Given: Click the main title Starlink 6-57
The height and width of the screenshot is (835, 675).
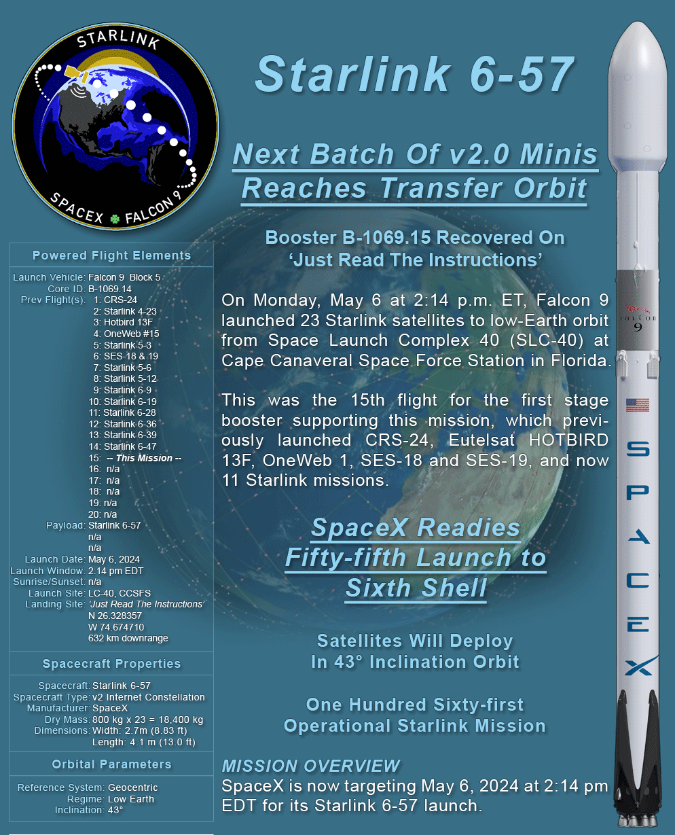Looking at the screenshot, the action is pyautogui.click(x=415, y=75).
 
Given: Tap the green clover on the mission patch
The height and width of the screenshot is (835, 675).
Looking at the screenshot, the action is pyautogui.click(x=115, y=219).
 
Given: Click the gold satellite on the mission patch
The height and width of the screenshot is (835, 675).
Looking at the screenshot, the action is pyautogui.click(x=76, y=73).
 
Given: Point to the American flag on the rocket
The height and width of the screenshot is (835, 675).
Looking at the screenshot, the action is pyautogui.click(x=638, y=405).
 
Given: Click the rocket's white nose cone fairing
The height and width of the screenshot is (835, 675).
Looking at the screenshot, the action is pyautogui.click(x=638, y=98).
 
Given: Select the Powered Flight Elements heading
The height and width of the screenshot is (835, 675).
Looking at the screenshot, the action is pyautogui.click(x=111, y=255).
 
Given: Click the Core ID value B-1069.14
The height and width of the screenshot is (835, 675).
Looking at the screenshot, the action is pyautogui.click(x=110, y=289).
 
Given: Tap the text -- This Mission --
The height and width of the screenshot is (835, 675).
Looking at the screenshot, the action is pyautogui.click(x=144, y=458).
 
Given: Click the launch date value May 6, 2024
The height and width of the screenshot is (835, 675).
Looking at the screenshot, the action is pyautogui.click(x=114, y=559).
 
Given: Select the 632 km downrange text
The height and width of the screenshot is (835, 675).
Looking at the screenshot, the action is pyautogui.click(x=128, y=638).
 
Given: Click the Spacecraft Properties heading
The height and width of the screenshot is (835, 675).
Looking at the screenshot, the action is pyautogui.click(x=111, y=664).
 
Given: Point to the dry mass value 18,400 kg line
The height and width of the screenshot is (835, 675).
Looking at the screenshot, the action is pyautogui.click(x=147, y=719).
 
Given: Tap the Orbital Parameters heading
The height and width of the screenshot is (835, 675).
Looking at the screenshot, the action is pyautogui.click(x=111, y=764).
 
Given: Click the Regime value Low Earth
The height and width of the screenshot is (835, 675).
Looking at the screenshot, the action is pyautogui.click(x=131, y=799).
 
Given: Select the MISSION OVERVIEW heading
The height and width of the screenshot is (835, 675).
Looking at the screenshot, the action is pyautogui.click(x=310, y=766).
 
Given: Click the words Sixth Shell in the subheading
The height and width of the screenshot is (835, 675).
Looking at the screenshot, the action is pyautogui.click(x=416, y=588).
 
